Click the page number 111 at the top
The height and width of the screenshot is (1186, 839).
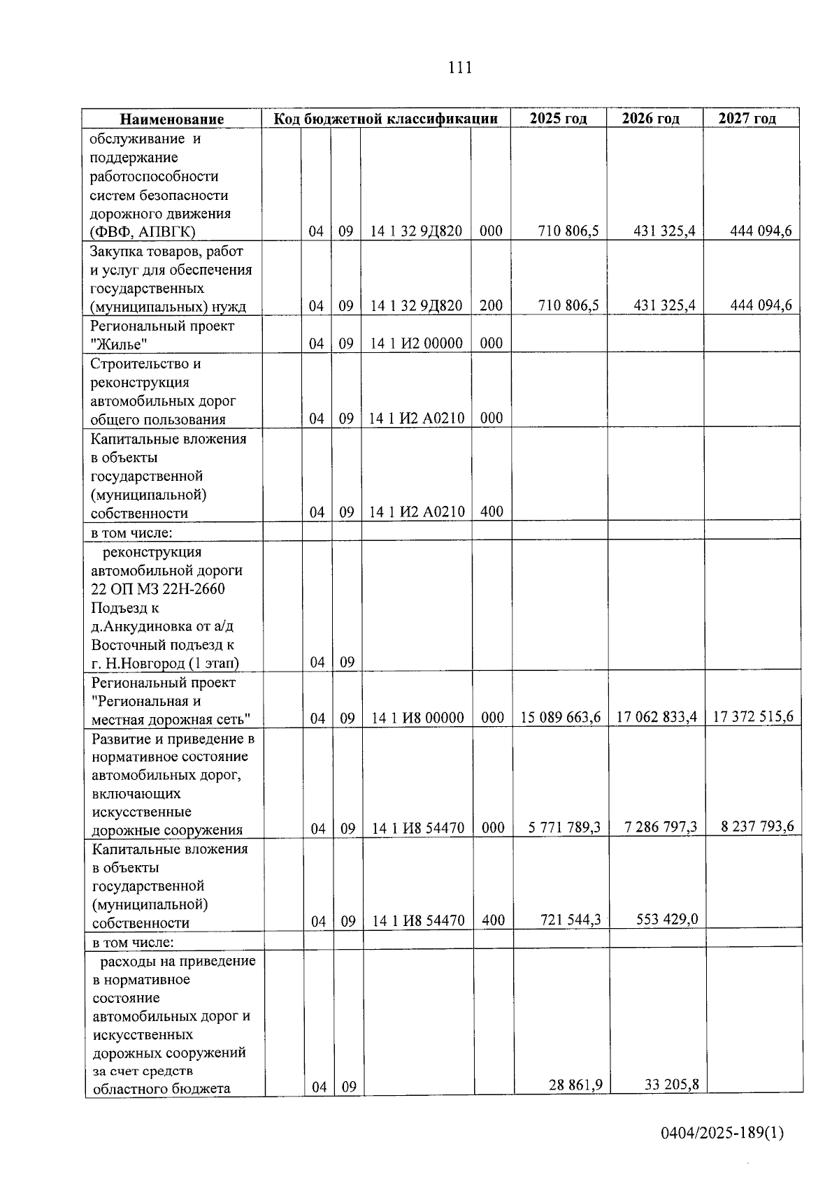pyautogui.click(x=460, y=68)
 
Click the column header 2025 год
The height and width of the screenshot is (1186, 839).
pyautogui.click(x=558, y=118)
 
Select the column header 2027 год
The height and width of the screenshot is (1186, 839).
pyautogui.click(x=747, y=118)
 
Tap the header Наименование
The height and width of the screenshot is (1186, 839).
pyautogui.click(x=171, y=119)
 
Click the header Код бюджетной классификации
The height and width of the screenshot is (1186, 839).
pyautogui.click(x=385, y=118)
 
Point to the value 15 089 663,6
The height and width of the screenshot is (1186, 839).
pyautogui.click(x=561, y=717)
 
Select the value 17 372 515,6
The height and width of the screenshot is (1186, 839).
pyautogui.click(x=753, y=716)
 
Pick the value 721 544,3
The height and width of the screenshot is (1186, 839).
pyautogui.click(x=571, y=920)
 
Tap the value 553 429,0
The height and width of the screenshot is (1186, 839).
pyautogui.click(x=667, y=919)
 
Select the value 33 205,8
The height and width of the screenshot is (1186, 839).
pyautogui.click(x=671, y=1085)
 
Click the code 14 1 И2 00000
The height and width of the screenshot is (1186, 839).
pyautogui.click(x=416, y=343)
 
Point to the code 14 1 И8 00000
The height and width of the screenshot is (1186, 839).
pyautogui.click(x=417, y=718)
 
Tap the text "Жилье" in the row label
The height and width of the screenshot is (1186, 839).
pyautogui.click(x=119, y=344)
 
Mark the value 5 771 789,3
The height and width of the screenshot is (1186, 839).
pyautogui.click(x=564, y=827)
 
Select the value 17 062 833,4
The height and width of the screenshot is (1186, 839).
pyautogui.click(x=657, y=717)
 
